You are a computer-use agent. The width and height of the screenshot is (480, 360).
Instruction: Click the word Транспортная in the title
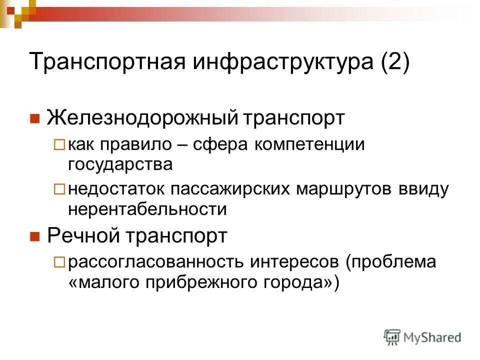coord(104,62)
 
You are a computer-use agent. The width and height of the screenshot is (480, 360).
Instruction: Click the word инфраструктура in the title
coord(270,62)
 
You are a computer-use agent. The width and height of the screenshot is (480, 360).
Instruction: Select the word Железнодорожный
coord(141,118)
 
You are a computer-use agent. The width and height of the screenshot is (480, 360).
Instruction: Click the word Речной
coord(84,236)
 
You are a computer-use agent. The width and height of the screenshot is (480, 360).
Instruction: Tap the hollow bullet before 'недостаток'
coord(59,190)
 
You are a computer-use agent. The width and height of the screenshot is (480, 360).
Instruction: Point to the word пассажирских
coord(232,189)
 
